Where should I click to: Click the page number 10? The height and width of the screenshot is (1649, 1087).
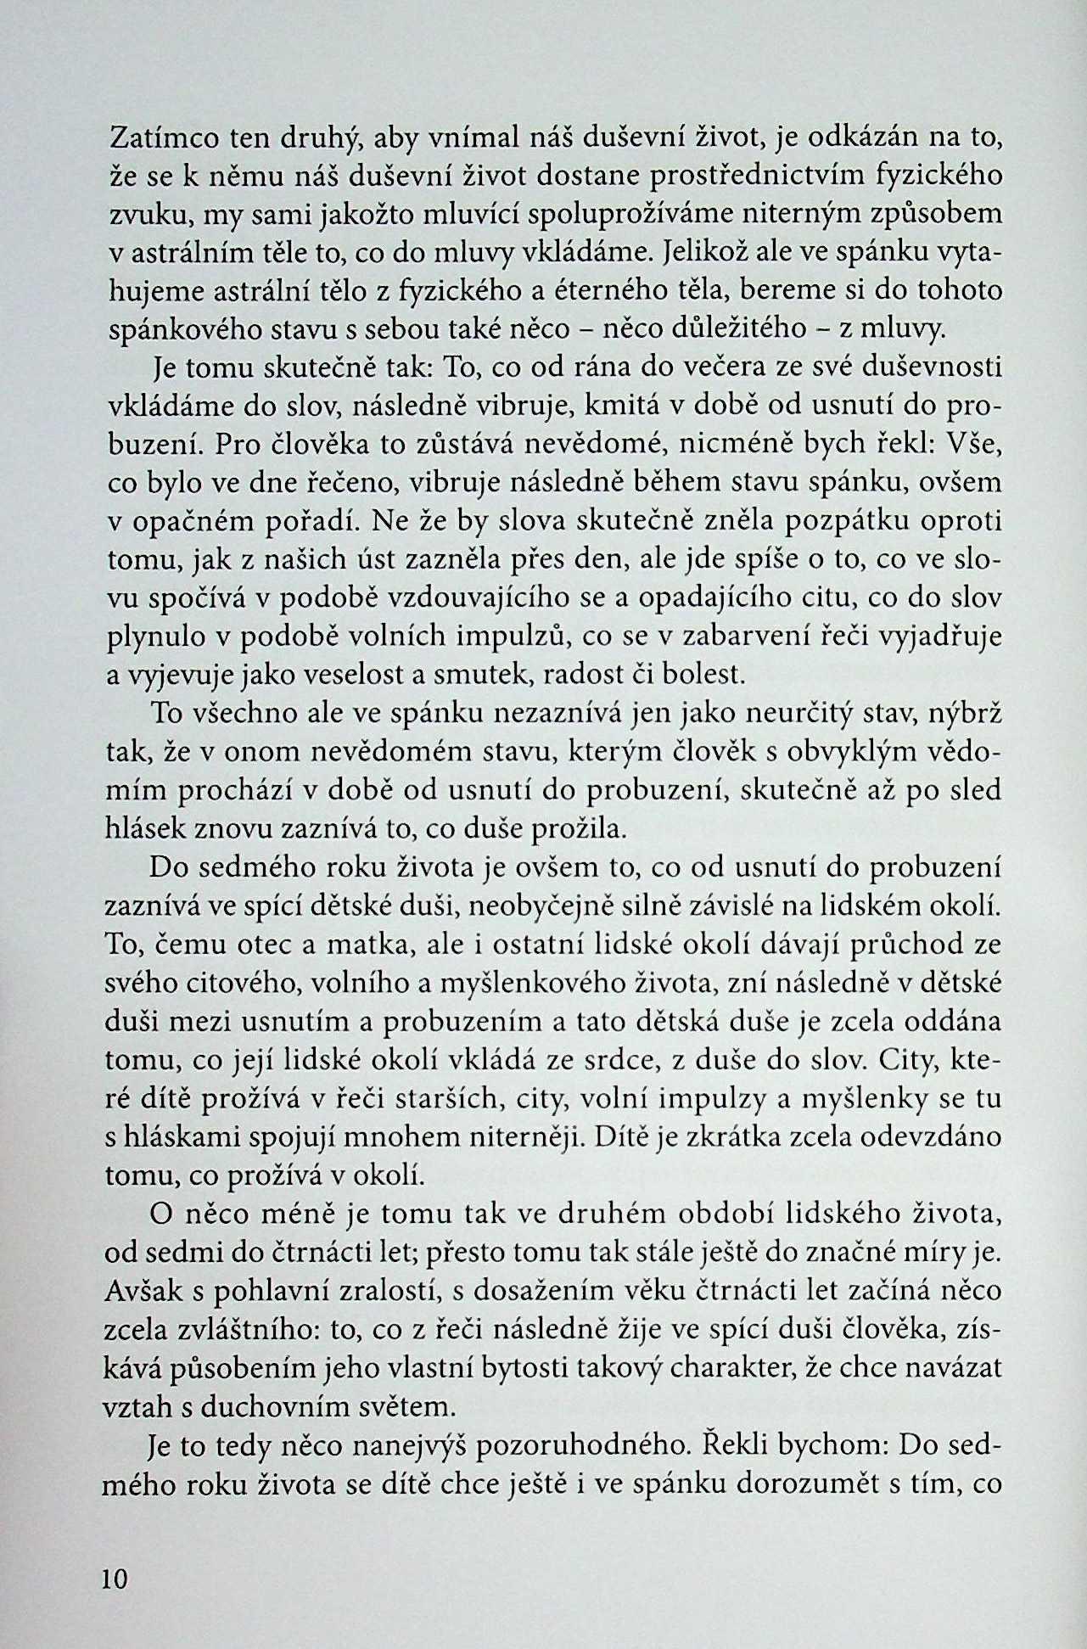click(x=114, y=1579)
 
